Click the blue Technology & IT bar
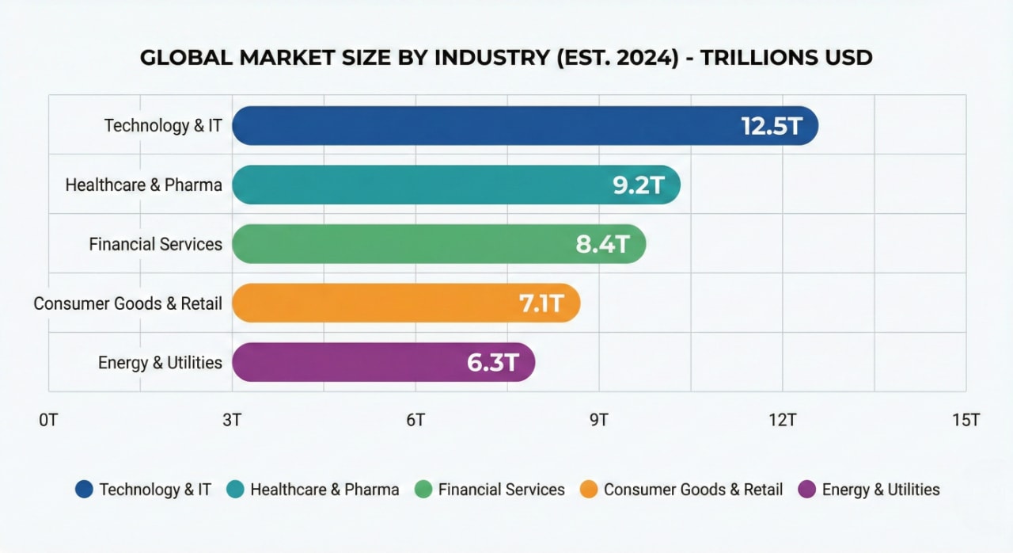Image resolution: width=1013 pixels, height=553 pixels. coord(475,126)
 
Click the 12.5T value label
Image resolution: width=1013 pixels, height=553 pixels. coord(772,126)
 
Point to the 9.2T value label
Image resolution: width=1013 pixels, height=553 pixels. coord(639,185)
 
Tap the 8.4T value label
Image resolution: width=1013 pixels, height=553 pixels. coord(603,244)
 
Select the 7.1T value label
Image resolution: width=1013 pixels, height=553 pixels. coord(541,303)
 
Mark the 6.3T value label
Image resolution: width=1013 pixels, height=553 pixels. coord(492,362)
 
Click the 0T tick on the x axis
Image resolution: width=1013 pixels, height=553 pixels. coord(48,420)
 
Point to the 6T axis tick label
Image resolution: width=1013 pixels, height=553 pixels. coord(415,420)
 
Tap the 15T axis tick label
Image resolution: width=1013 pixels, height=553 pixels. coord(966,420)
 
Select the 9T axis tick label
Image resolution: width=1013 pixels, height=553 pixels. coord(599,420)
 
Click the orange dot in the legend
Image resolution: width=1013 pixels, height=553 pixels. coord(588,490)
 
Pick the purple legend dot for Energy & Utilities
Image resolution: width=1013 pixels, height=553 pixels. coord(807,490)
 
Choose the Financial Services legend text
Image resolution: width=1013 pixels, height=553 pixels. coord(502,490)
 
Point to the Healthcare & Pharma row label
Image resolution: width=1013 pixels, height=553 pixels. coord(144,185)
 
